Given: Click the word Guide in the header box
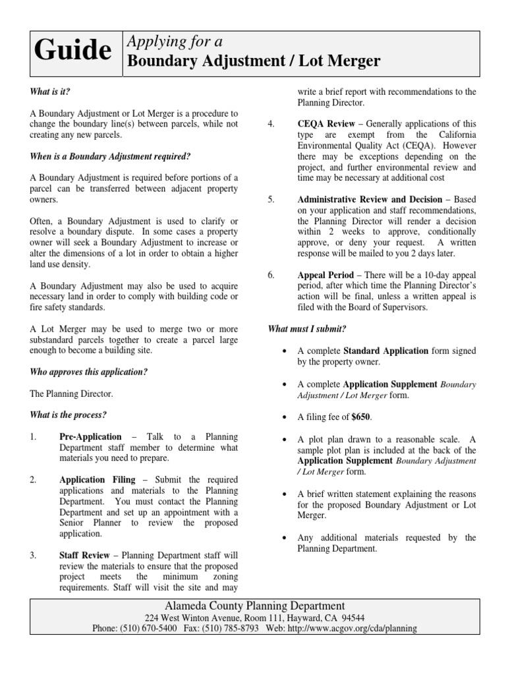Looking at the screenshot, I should (x=73, y=51).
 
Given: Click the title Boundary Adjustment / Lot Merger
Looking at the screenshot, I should (x=254, y=61).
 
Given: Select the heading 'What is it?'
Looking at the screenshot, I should (x=50, y=92).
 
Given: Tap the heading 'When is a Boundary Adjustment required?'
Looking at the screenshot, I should (x=110, y=156).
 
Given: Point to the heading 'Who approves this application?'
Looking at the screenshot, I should (x=89, y=372).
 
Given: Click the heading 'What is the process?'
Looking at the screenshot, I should (x=69, y=415).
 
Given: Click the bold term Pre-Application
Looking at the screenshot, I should (x=90, y=436).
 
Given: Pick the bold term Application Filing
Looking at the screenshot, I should (x=98, y=480).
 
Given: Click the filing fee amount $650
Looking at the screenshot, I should (x=361, y=417).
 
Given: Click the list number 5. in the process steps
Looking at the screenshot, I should (x=271, y=199).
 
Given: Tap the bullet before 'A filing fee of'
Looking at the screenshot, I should (x=284, y=417).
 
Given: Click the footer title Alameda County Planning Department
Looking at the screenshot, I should (x=254, y=605).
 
